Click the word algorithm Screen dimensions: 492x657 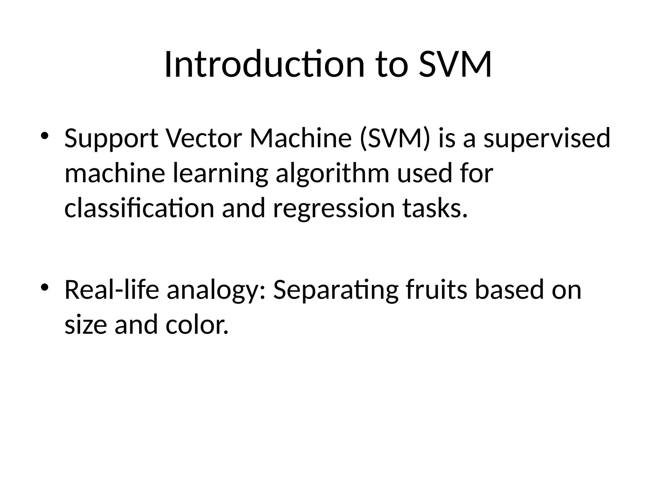332,174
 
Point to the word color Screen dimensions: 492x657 197,325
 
